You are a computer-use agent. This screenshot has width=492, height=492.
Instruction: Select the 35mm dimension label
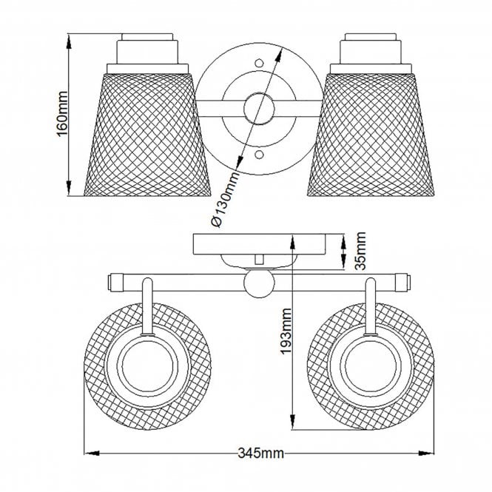[x=360, y=251]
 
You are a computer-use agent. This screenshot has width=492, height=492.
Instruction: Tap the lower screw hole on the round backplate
[x=258, y=155]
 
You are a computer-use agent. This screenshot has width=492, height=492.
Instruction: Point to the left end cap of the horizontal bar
[x=115, y=281]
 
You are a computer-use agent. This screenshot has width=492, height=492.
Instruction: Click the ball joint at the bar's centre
[x=258, y=283]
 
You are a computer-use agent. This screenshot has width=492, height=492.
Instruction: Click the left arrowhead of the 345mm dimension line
[x=86, y=452]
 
